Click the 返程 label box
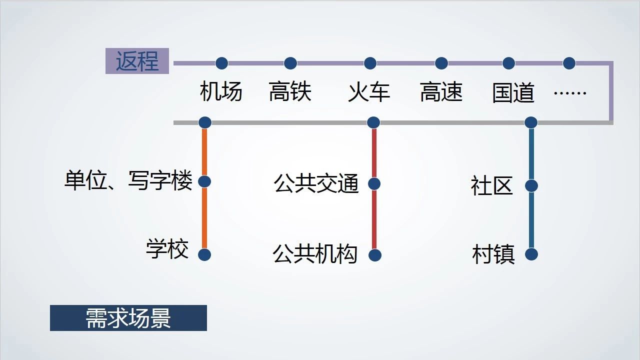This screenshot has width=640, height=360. coord(137,61)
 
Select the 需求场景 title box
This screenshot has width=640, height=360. coord(128,318)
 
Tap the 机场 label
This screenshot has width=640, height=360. coord(221,92)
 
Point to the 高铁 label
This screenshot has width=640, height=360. coord(290,92)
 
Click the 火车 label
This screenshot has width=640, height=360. coord(369,92)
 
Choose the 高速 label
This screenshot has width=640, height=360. coord(441,92)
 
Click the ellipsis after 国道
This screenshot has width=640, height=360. coord(570,92)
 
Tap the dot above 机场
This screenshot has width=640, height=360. coord(221,63)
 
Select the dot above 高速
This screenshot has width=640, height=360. coord(441,63)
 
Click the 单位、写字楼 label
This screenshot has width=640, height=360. coord(128,181)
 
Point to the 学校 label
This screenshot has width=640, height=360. coord(167,249)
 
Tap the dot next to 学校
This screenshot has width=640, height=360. coord(204,254)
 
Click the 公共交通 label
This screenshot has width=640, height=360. coord(316,183)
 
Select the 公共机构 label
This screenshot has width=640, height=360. coord(315,254)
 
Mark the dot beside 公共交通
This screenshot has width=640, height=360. coord(374,183)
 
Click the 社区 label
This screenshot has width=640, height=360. coord(492,186)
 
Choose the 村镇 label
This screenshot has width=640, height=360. coord(493,254)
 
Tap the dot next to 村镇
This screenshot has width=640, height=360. coord(531,254)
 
